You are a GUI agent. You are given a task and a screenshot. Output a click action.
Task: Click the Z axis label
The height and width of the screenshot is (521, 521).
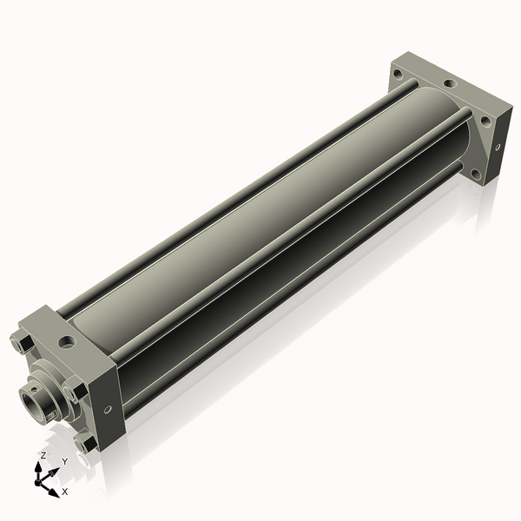point(43,455)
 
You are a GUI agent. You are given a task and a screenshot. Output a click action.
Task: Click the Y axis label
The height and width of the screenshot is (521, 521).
point(64,462)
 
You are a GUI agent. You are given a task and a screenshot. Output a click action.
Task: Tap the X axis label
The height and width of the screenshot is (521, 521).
point(63,491)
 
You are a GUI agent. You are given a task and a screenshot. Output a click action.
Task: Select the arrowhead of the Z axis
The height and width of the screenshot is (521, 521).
point(42,466)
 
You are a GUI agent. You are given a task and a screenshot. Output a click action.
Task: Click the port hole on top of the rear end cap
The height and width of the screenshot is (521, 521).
point(448,84)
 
